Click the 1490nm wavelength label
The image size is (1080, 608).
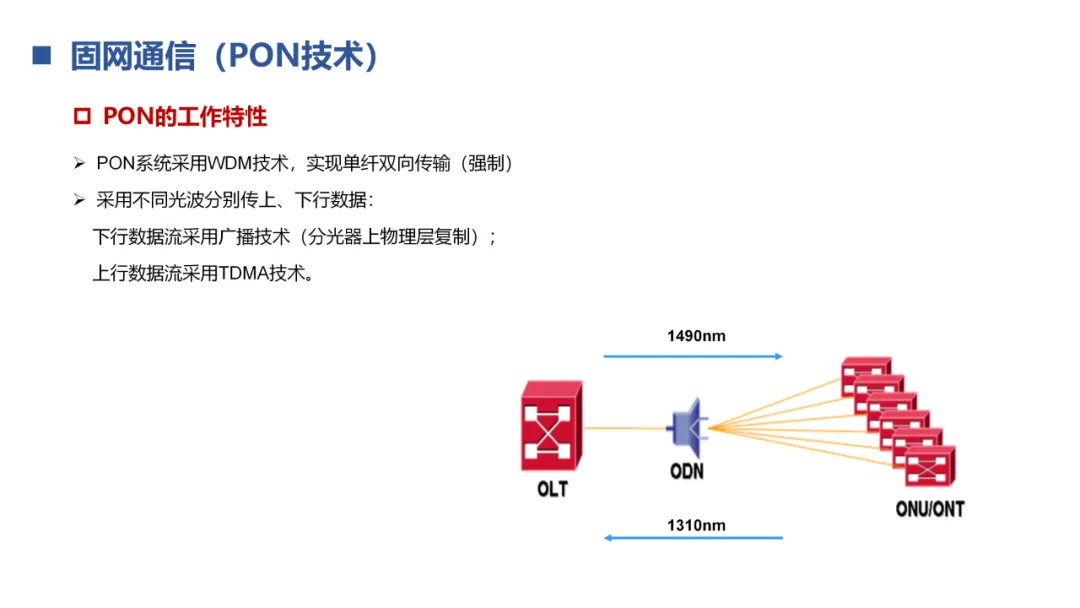pos(696,336)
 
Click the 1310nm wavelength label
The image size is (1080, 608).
pos(696,525)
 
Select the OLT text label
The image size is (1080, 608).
pos(551,489)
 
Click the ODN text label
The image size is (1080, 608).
pos(687,470)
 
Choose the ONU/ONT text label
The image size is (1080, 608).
pos(929,509)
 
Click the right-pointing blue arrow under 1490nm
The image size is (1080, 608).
pos(692,356)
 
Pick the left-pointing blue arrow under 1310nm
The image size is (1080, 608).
pos(692,538)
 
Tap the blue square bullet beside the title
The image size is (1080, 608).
pos(41,56)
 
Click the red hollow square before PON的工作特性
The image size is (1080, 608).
pos(82,117)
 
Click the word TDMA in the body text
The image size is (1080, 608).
pos(244,273)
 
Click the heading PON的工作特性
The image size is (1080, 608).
pos(185,117)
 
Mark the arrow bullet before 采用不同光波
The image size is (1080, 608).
pos(80,200)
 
